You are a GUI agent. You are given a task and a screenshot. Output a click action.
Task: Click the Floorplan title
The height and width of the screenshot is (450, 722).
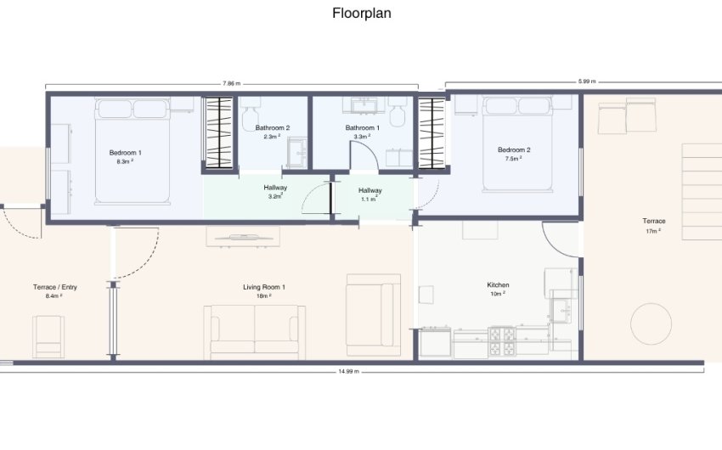point(362,13)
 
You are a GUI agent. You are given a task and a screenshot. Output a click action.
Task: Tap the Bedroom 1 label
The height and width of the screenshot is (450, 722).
point(125,153)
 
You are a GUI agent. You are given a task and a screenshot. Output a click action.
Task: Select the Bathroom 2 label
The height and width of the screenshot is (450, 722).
point(273,128)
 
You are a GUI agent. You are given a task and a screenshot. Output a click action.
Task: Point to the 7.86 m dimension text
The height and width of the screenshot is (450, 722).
point(232,84)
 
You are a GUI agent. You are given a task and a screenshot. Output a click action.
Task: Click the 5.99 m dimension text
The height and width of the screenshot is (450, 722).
point(587,82)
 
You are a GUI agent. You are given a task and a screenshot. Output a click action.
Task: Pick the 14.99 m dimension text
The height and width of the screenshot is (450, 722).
point(348,371)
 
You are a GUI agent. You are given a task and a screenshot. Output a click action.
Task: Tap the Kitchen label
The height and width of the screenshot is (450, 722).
point(499,284)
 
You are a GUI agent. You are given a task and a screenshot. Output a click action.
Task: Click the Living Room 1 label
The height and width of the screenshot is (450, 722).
point(264,287)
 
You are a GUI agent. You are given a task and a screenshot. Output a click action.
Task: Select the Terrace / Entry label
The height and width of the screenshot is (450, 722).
point(55,287)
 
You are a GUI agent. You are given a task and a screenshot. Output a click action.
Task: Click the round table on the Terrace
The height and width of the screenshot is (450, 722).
point(651,323)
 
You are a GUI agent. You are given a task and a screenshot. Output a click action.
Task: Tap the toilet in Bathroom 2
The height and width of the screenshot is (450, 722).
point(251,114)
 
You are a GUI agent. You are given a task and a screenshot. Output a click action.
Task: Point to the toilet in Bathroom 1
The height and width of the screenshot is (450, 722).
point(398,112)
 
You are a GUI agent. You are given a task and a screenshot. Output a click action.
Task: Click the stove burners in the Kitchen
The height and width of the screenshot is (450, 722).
point(502,341)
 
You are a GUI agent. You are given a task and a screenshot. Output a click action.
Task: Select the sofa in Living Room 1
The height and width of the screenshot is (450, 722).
point(255,332)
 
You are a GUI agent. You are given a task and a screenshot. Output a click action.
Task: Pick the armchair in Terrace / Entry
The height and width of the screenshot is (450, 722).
point(48,337)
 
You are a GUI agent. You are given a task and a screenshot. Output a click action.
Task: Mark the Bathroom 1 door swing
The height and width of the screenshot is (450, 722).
point(364,155)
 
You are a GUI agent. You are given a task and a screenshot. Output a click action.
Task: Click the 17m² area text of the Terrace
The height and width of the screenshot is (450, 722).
point(653,231)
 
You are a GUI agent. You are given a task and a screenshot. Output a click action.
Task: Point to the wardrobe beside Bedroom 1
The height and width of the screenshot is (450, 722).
point(219,132)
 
